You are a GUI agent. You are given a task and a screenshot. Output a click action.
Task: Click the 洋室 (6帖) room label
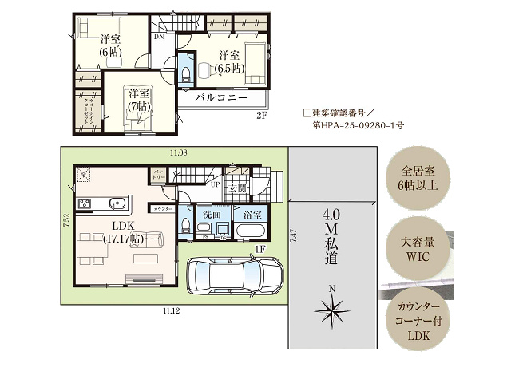110,45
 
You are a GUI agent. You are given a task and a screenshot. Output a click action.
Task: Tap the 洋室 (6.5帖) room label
229,61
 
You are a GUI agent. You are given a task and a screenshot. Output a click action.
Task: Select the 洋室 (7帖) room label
137,100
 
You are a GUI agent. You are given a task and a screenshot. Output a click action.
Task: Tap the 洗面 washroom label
212,215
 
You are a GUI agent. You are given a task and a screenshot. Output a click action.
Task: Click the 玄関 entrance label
238,189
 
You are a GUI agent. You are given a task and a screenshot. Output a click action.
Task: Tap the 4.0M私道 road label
331,236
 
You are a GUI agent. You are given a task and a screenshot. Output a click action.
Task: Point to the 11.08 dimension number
177,152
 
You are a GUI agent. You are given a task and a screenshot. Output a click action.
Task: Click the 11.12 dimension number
171,310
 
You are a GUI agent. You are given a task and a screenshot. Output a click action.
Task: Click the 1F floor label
259,250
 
